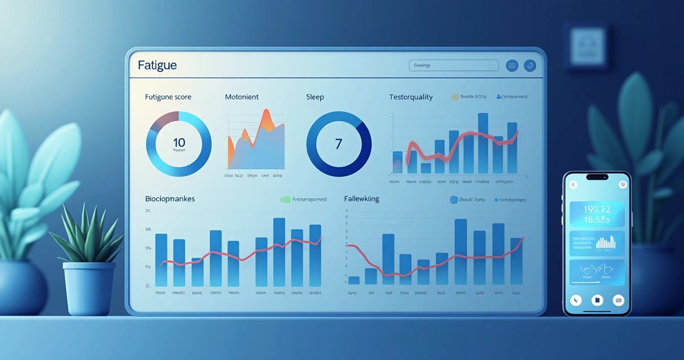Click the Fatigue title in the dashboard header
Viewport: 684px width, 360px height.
coord(157,65)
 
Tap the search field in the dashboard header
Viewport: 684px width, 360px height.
coord(453,66)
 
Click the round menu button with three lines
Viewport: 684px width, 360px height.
coord(512,66)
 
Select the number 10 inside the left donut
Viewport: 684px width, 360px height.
coord(179,142)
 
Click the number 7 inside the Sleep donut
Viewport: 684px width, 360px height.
coord(338,143)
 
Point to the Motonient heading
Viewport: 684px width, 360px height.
coord(242,97)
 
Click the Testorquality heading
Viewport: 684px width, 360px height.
coord(411,97)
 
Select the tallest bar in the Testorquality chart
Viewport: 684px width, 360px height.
coord(483,143)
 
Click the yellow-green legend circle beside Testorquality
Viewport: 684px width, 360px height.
coord(454,97)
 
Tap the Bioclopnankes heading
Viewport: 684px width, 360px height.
coord(170,199)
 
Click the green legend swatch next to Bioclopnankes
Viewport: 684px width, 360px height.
coord(285,199)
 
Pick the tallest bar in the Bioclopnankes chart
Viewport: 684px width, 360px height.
coord(279,252)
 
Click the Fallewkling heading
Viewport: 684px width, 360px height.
coord(362,199)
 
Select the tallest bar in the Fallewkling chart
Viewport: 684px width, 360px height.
coord(461,251)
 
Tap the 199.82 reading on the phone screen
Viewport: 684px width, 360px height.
coord(597,210)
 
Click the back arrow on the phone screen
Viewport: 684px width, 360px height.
coord(573,184)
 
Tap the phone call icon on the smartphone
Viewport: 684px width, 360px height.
coord(575,300)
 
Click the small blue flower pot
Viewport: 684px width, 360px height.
coord(89,287)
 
